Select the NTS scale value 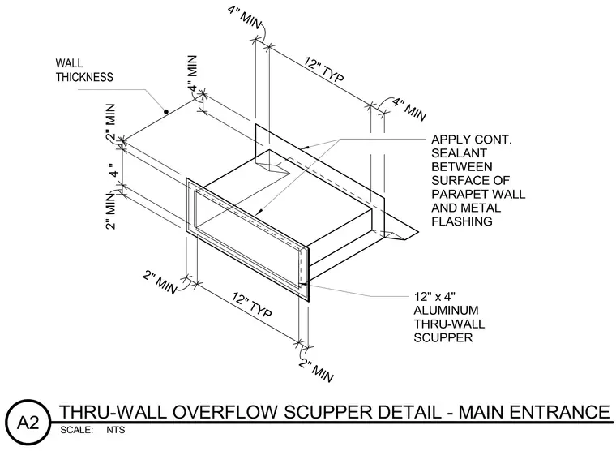[115, 430]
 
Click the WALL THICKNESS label [84, 70]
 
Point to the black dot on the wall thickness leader [166, 112]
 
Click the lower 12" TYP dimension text [252, 305]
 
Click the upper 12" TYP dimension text [324, 70]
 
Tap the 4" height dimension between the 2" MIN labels [113, 170]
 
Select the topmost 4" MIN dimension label [244, 17]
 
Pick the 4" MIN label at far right [409, 109]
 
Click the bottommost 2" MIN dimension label [316, 370]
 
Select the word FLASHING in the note [462, 221]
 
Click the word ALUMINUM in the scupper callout [447, 310]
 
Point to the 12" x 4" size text [434, 296]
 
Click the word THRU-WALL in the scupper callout [449, 324]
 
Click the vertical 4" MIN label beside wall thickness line [192, 73]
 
